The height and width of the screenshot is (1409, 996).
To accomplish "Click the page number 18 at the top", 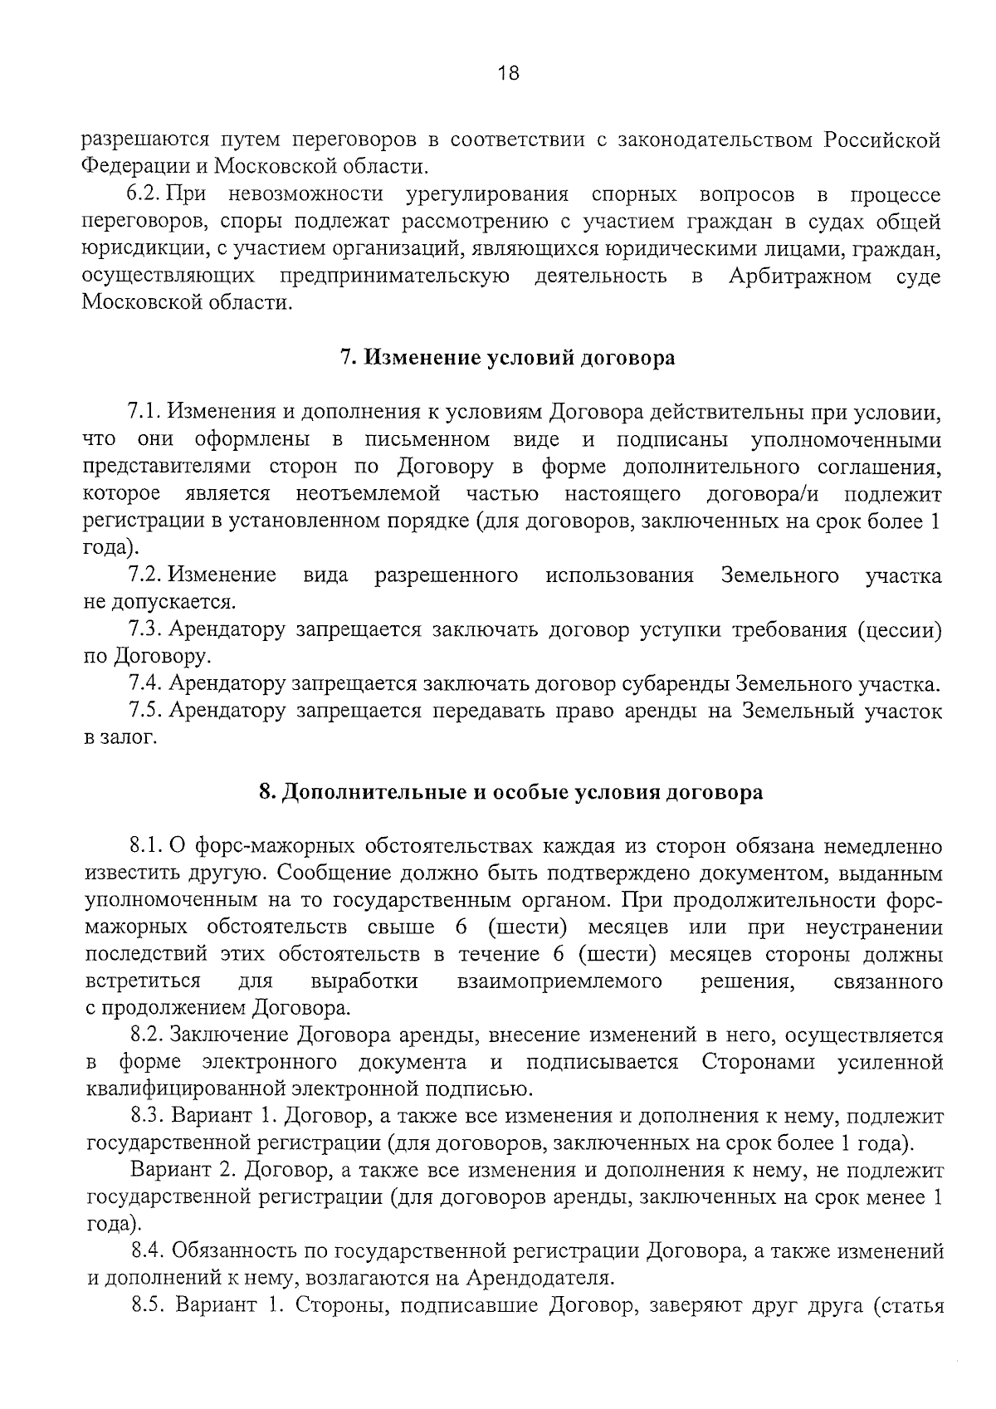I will pos(508,73).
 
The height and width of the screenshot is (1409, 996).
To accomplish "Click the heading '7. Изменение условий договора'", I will pos(507,358).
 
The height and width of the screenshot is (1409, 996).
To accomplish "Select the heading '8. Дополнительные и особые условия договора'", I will pos(511,792).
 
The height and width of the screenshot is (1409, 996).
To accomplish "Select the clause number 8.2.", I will pos(149,1035).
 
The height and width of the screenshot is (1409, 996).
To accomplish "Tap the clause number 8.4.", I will pos(150,1250).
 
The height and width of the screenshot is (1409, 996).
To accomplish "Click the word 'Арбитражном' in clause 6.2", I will pos(799,276).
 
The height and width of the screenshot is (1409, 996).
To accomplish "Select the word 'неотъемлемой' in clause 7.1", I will pos(368,494).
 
